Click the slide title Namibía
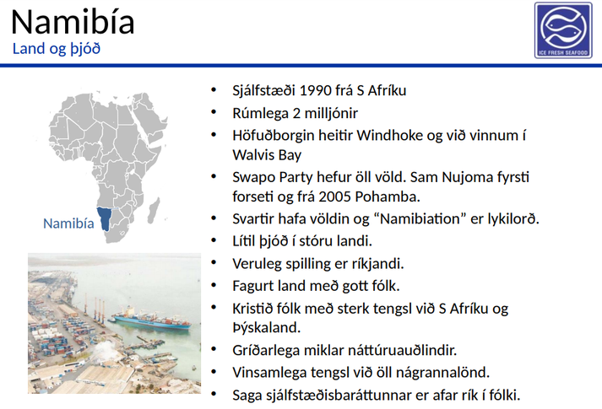(73, 21)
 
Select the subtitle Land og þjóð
(57, 49)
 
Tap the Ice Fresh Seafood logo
(563, 30)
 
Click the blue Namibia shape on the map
(104, 218)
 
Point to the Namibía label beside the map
(68, 223)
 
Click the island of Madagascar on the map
(154, 211)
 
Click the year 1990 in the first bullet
(315, 91)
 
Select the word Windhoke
(386, 135)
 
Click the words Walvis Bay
(267, 155)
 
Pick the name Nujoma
(467, 177)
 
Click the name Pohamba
(388, 196)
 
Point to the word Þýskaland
(267, 328)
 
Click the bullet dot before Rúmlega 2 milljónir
(214, 112)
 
